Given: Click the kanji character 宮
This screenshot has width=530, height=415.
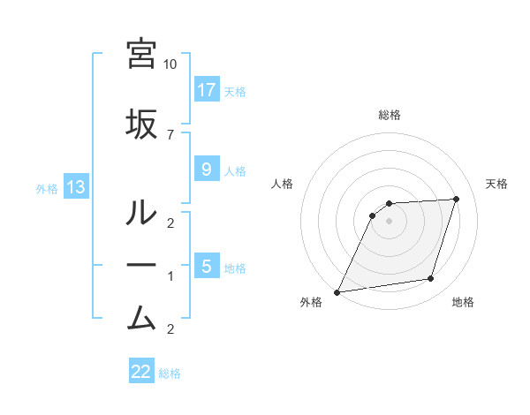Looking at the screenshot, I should (141, 54).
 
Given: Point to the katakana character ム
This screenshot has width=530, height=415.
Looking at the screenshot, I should (141, 315).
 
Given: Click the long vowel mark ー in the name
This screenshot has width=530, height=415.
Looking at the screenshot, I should (141, 264).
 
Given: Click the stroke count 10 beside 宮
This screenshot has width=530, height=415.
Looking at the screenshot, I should (170, 64).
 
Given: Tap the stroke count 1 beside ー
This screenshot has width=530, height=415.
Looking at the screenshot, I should (170, 276).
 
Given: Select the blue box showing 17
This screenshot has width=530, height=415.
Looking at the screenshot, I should (207, 90).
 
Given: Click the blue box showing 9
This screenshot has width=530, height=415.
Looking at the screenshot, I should (206, 169).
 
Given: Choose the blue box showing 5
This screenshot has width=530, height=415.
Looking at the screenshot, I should (206, 266).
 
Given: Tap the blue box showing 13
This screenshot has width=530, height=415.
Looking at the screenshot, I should (75, 187).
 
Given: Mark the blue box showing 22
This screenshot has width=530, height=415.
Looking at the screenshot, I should (141, 372).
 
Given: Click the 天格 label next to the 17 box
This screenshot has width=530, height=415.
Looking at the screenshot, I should (235, 91).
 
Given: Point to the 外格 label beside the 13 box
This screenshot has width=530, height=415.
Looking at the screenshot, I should (47, 188).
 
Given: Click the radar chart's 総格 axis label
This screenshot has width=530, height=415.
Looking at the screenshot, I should (390, 115).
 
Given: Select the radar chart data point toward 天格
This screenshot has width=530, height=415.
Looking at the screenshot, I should (457, 199).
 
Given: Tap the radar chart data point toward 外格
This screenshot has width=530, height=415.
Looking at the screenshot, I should (337, 292).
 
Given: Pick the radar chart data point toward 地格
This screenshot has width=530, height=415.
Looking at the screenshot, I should (431, 279).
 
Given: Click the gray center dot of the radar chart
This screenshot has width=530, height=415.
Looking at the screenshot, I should (390, 221).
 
